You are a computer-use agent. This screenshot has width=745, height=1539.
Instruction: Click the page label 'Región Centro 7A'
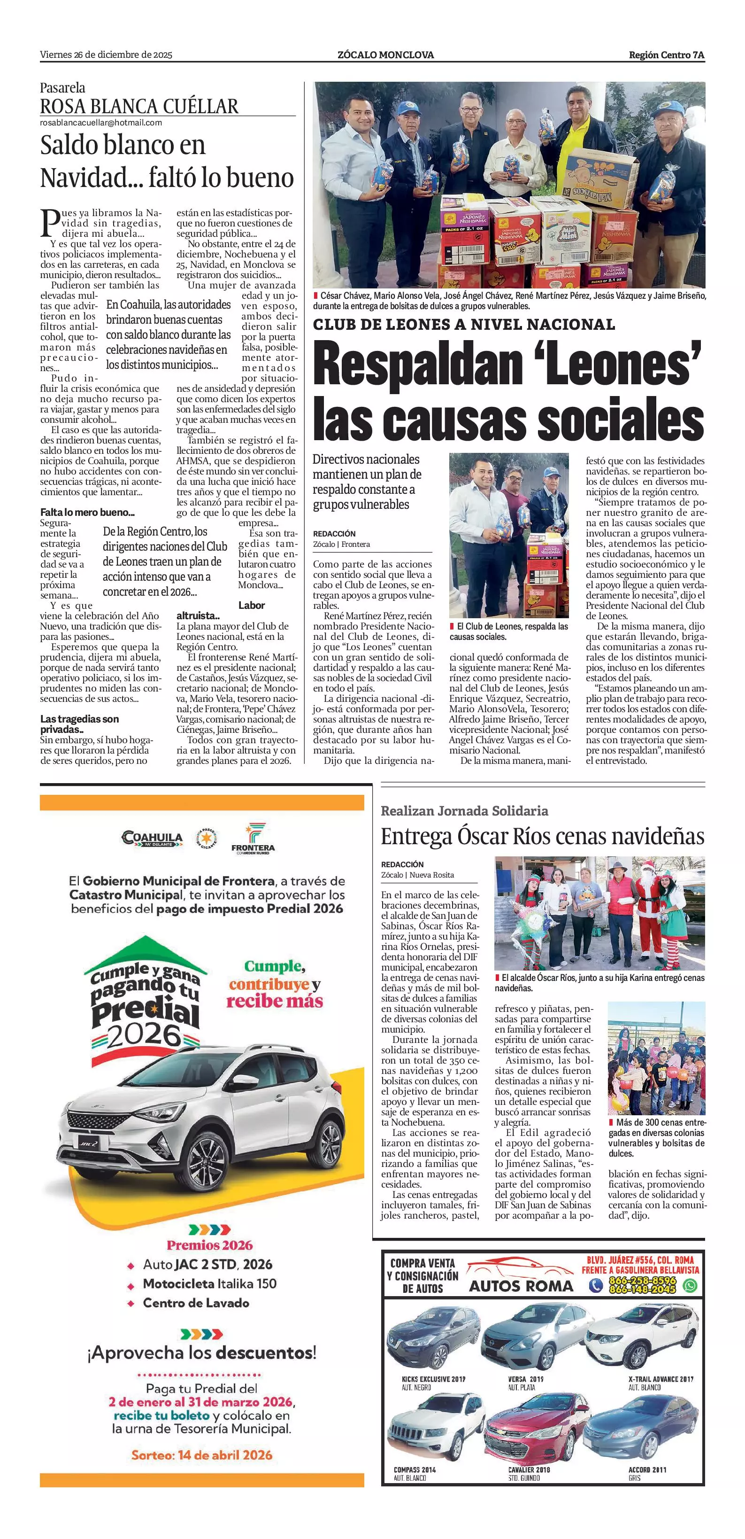666,55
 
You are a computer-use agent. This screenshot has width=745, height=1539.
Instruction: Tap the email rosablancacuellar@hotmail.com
101,123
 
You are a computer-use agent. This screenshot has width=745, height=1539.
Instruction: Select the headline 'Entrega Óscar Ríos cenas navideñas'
542,836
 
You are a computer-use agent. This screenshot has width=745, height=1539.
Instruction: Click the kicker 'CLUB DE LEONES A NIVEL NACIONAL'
464,325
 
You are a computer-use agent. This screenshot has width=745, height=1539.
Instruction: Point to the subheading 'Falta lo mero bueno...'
87,512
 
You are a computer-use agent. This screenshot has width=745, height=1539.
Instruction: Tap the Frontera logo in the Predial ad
253,838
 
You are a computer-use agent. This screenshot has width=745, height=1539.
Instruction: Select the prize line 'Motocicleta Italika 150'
209,1284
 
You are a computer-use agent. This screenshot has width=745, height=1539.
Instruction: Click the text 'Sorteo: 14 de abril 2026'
202,1455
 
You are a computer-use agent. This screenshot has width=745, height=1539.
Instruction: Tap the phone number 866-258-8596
642,1281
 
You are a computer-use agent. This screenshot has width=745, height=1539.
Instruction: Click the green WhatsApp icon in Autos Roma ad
690,1285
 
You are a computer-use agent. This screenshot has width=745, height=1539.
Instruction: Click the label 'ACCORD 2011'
647,1469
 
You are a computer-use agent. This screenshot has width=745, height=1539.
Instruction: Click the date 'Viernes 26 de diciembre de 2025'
106,55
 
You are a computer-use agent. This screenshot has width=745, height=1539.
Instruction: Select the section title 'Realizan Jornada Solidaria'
464,811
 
